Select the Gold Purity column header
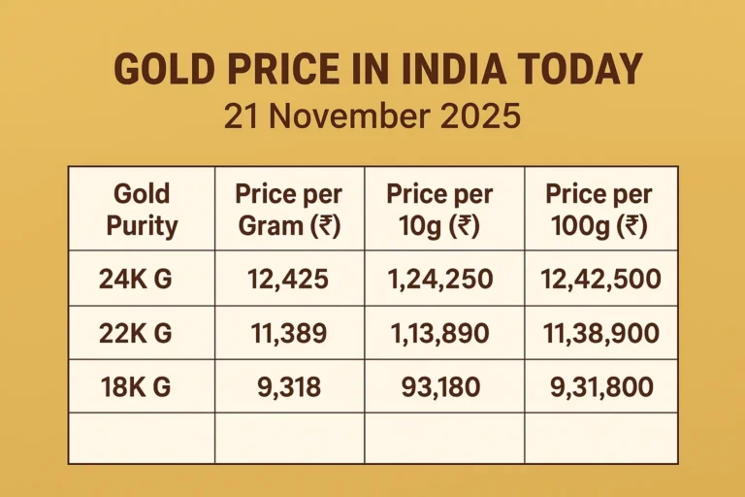[142, 210]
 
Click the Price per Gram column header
[288, 210]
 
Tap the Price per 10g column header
[442, 210]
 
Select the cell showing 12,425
[288, 281]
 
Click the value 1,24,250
[442, 281]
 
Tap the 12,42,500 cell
[599, 281]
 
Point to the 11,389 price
[288, 334]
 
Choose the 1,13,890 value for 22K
[442, 334]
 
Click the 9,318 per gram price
[288, 387]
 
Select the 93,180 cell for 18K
[442, 387]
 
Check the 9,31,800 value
[599, 387]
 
